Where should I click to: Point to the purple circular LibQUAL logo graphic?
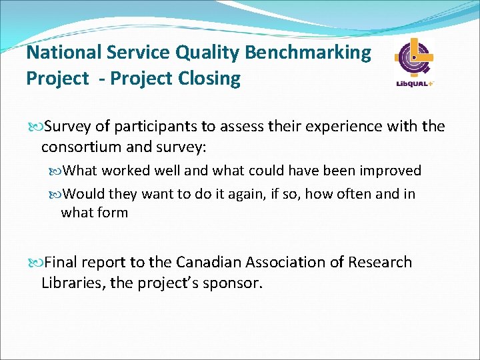(x=413, y=57)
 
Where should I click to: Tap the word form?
(x=114, y=213)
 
